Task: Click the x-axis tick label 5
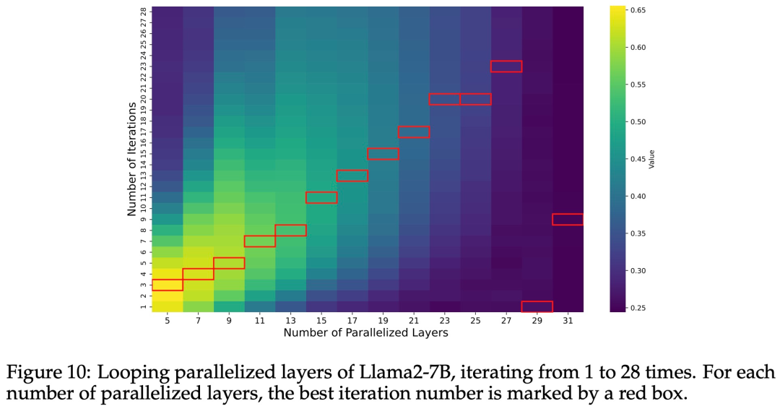(x=168, y=319)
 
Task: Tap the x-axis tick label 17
(x=352, y=319)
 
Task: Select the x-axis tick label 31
(x=568, y=319)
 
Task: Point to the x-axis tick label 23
(x=445, y=319)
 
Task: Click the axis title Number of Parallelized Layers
(x=365, y=332)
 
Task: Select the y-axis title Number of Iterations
(x=132, y=159)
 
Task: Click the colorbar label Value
(x=651, y=159)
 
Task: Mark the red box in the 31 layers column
(x=568, y=220)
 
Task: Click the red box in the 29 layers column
(x=537, y=306)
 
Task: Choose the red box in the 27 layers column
(x=506, y=66)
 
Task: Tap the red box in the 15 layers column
(x=321, y=197)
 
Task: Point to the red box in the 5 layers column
(x=168, y=285)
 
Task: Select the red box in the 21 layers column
(x=414, y=132)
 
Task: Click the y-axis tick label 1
(x=144, y=306)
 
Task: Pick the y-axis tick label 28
(x=144, y=12)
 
